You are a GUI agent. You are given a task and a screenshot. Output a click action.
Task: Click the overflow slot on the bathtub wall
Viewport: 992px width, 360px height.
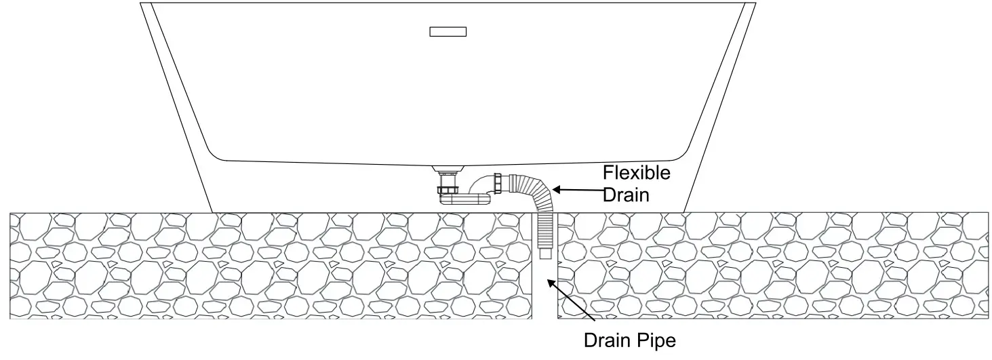point(448,31)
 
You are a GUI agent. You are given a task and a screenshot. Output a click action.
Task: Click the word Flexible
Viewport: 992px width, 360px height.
point(637,174)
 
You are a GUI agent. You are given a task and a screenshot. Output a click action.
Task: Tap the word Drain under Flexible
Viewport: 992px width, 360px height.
point(626,195)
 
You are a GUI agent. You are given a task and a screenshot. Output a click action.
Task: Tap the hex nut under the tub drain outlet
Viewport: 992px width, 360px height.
point(449,191)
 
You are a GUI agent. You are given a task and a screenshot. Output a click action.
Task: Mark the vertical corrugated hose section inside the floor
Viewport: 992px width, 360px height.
point(544,231)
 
